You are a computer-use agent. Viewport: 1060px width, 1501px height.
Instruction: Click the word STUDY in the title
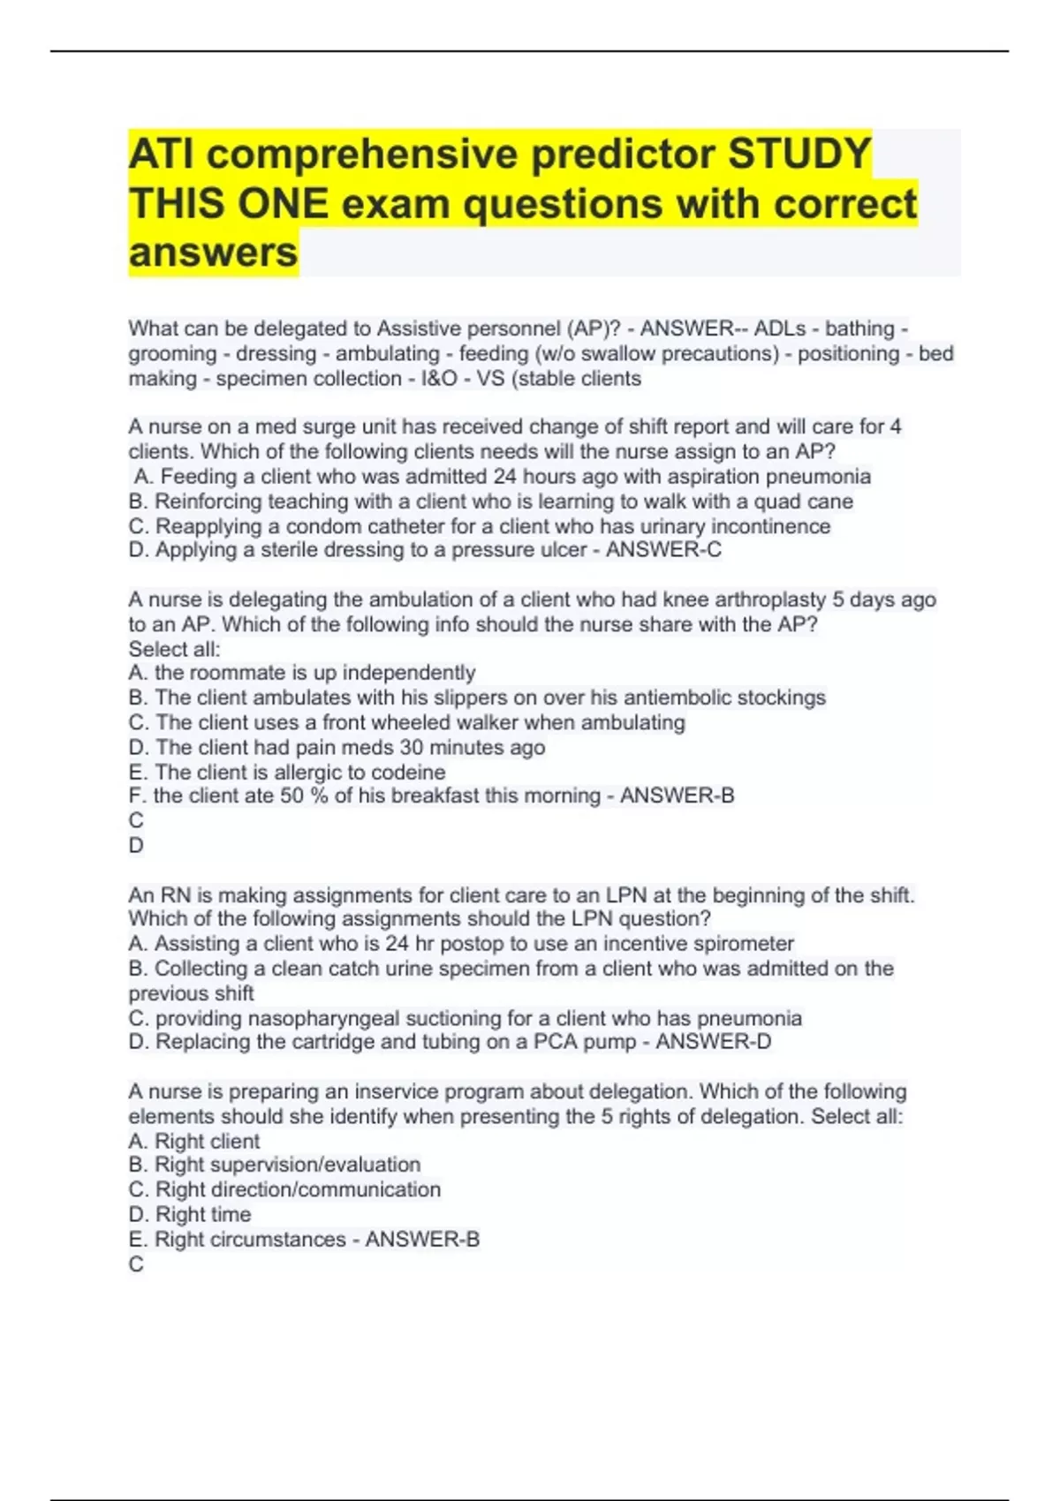799,154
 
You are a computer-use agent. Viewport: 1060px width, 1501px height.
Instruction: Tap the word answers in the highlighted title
213,253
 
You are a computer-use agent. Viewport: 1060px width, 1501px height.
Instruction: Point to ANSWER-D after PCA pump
713,1042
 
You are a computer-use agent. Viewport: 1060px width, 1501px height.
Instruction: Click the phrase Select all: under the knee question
174,649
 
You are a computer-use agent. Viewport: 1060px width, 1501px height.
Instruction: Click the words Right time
203,1215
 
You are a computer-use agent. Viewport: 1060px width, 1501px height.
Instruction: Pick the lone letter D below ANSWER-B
136,845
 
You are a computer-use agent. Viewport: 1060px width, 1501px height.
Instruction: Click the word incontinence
771,526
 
